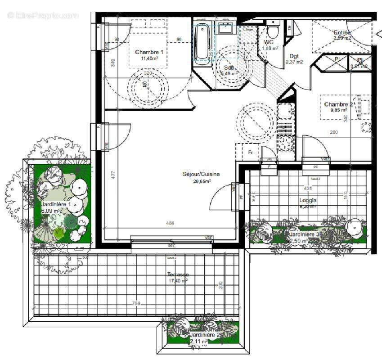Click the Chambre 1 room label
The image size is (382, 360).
[x=149, y=52]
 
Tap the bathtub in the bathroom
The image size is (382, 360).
[x=202, y=41]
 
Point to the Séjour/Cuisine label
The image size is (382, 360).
[x=201, y=174]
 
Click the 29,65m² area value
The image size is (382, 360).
[x=202, y=181]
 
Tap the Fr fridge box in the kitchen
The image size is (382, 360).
[x=251, y=153]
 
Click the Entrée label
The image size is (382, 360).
[x=342, y=32]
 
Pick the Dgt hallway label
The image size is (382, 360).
[x=294, y=56]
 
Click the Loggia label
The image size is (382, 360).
[x=308, y=200]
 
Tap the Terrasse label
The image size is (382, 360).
[x=178, y=274]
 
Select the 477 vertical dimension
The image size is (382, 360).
[x=114, y=173]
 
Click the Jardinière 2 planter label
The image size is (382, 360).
[x=204, y=335]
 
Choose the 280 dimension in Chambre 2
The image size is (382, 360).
[x=333, y=132]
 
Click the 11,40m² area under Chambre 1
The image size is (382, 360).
[x=149, y=58]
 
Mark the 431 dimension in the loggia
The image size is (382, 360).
[x=308, y=188]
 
